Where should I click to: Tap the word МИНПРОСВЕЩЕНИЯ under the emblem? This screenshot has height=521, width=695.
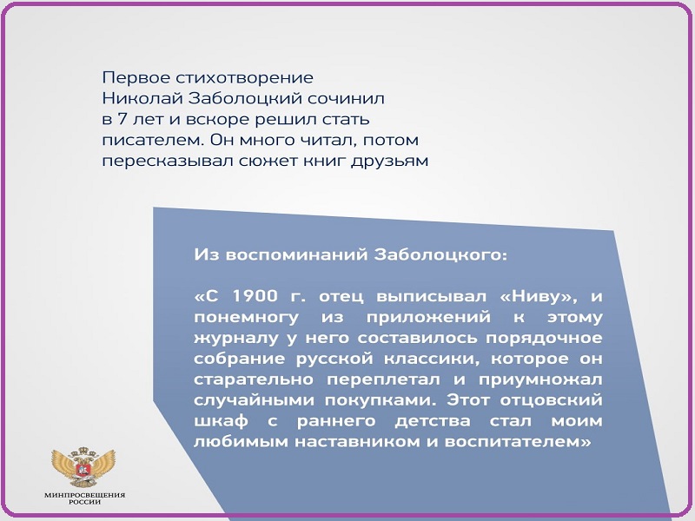coord(84,495)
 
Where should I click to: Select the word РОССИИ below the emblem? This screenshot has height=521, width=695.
coord(84,503)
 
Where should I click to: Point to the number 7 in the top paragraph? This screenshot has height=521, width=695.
coord(122,119)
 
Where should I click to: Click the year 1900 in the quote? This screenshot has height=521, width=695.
coord(255,296)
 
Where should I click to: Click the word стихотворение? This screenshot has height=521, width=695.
coord(245,78)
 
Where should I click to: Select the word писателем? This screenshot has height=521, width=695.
coord(154,140)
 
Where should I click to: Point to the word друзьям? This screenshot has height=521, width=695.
coord(389,162)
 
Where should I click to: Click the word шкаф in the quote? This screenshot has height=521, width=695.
coord(221,421)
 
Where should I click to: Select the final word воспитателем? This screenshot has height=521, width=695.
coord(518,442)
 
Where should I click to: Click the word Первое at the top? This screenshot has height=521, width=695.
coord(136,78)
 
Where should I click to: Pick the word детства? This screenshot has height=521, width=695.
coord(433,421)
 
